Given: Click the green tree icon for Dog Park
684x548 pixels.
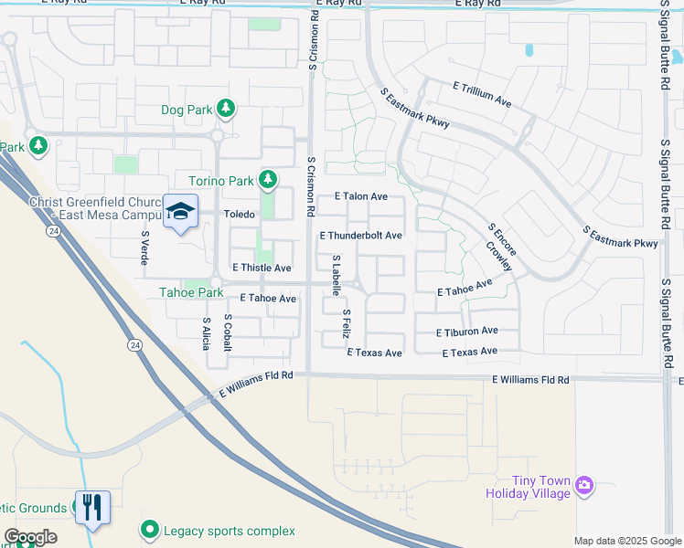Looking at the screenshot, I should (226, 111).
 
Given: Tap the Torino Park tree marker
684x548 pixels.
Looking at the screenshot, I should (267, 180).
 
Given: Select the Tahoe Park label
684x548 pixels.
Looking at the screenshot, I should (192, 292).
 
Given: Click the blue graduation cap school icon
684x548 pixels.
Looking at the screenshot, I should (181, 211).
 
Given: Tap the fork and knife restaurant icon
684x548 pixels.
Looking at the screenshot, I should (93, 507).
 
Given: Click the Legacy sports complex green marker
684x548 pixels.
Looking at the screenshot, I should (149, 530).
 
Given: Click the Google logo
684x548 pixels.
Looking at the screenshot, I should (30, 537).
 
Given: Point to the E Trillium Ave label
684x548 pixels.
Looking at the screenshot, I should (482, 93).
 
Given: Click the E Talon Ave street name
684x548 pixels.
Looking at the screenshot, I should (360, 196).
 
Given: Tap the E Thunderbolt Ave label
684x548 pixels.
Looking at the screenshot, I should (360, 236).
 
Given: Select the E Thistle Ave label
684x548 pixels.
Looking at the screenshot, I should (262, 268).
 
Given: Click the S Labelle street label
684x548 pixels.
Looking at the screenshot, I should (337, 275).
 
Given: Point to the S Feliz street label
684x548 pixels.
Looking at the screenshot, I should (347, 324).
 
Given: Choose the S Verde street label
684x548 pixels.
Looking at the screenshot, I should (144, 248).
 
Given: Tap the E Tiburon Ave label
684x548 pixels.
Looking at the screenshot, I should (466, 332).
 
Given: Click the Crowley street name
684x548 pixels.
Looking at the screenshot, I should (499, 263).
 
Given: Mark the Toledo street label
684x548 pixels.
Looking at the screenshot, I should (239, 215).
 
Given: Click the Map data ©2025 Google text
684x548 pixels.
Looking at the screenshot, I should (627, 540).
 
